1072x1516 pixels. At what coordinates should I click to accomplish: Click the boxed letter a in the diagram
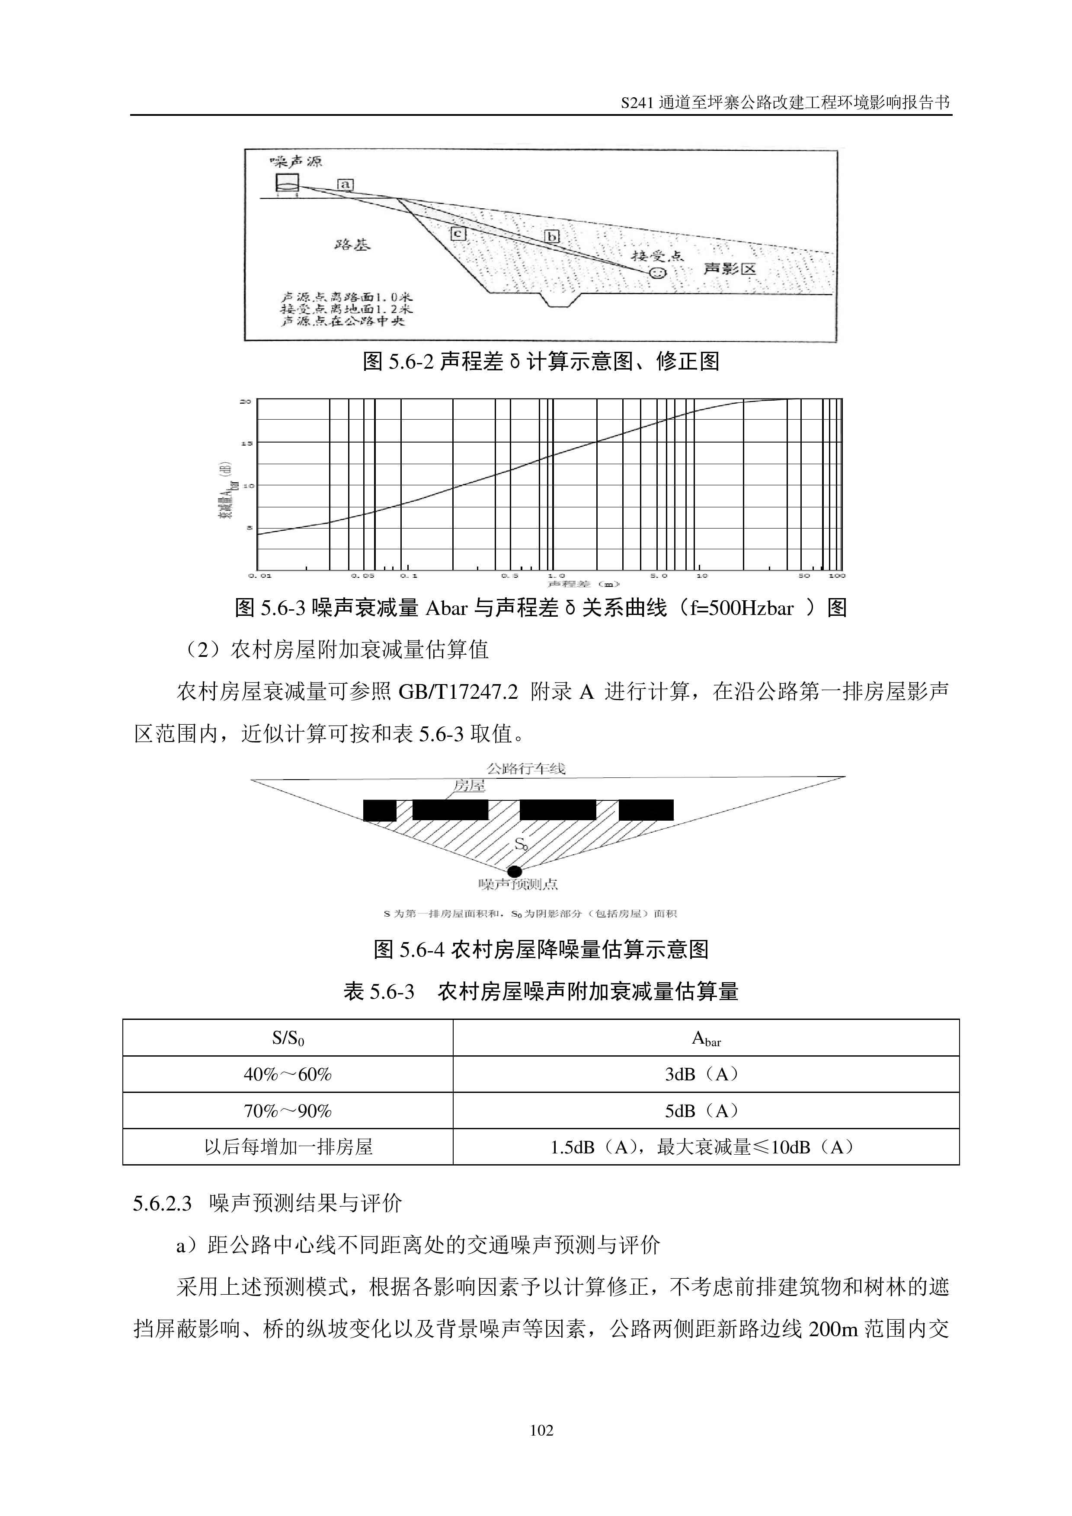coord(345,185)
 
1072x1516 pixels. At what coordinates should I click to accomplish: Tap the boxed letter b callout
coord(552,236)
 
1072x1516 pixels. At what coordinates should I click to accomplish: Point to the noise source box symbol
coord(287,183)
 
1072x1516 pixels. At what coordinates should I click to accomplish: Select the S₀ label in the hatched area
coord(521,844)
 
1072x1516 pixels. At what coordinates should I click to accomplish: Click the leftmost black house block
coord(380,810)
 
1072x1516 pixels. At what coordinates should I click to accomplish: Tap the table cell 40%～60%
coord(287,1074)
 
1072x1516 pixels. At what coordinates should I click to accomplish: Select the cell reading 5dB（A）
coord(705,1111)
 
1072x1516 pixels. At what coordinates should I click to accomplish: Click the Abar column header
coord(705,1038)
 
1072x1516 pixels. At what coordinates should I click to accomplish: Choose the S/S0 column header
coord(287,1038)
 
